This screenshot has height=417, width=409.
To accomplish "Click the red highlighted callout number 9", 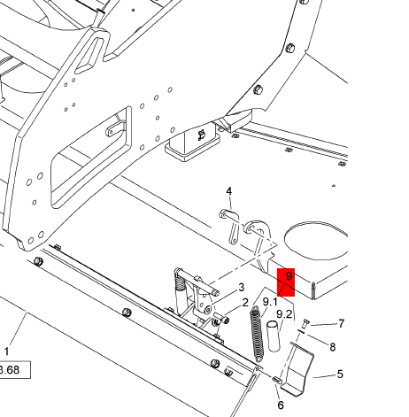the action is point(289,276).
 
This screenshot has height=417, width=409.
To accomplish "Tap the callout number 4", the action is point(229,191).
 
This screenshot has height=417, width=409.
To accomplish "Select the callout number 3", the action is point(242,287).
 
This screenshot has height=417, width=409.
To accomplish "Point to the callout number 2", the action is point(245,303).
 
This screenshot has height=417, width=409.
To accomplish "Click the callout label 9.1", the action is point(270,302).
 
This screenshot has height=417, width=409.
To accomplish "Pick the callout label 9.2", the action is point(284,314).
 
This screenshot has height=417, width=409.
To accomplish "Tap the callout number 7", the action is point(341,324).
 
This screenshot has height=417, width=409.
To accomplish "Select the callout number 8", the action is point(333,347).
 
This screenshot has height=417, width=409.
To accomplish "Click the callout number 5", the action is point(340,375).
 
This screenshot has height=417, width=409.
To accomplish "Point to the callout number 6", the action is point(281,405).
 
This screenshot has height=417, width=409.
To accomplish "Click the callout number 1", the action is point(6,351).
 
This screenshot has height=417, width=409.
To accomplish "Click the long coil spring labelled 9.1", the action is point(256,334).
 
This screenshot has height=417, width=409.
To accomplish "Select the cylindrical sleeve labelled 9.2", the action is point(274,336).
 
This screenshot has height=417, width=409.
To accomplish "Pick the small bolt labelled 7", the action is point(305,324).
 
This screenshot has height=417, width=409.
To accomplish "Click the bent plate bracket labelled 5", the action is point(298,369).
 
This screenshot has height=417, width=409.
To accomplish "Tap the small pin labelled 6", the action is point(277,380).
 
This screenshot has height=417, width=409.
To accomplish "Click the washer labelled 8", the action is point(301,332).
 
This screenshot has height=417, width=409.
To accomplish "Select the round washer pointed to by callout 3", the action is point(208,310).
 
